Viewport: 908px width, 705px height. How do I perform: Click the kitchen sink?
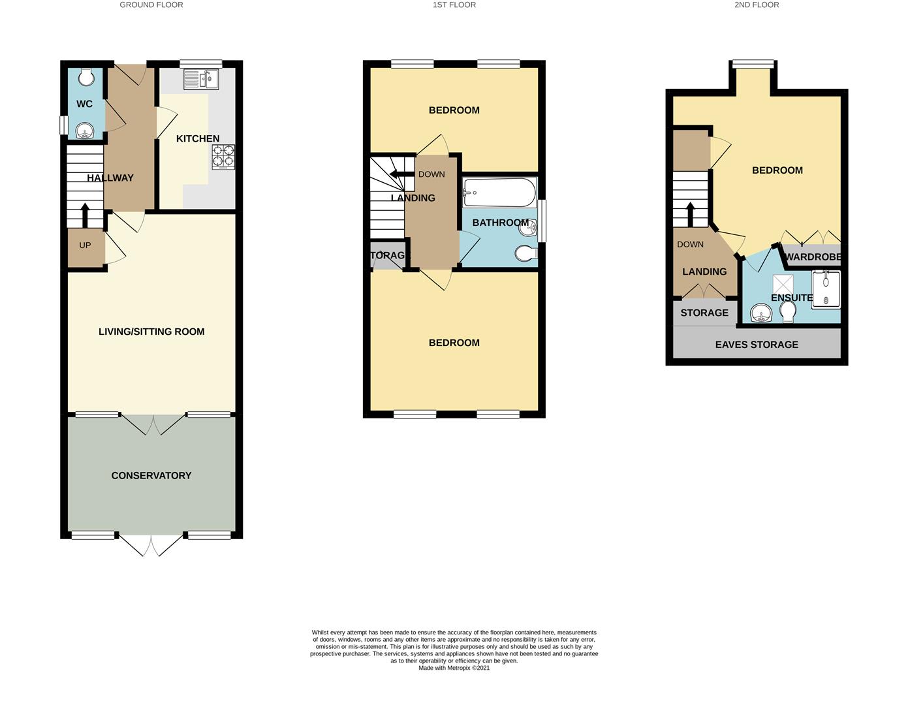point(201,79)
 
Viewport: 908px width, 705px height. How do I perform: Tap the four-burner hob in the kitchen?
point(223,157)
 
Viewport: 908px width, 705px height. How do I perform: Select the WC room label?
point(84,104)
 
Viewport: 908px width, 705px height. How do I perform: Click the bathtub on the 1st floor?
point(499,193)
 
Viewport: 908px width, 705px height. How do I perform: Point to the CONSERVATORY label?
point(151,475)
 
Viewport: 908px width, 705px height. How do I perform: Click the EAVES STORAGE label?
point(757,345)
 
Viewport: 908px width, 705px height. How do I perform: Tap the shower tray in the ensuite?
point(826,289)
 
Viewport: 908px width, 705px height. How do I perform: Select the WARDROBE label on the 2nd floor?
point(813,257)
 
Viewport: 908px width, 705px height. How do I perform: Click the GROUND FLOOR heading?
point(151,5)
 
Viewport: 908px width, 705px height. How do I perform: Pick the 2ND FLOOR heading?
point(757,5)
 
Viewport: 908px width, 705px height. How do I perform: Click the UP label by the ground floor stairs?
point(85,245)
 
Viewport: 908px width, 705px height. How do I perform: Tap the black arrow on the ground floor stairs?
point(85,215)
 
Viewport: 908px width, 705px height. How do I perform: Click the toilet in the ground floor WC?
point(87,77)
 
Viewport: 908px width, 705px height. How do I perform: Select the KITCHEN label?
point(198,138)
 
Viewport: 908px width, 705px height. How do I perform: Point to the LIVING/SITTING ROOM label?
point(151,332)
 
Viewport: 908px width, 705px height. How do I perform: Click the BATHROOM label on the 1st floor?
point(501,223)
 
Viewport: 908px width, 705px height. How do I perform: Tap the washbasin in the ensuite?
point(761,313)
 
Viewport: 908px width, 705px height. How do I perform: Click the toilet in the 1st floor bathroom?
point(526,253)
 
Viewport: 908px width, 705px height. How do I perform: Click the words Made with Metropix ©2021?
point(454,668)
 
